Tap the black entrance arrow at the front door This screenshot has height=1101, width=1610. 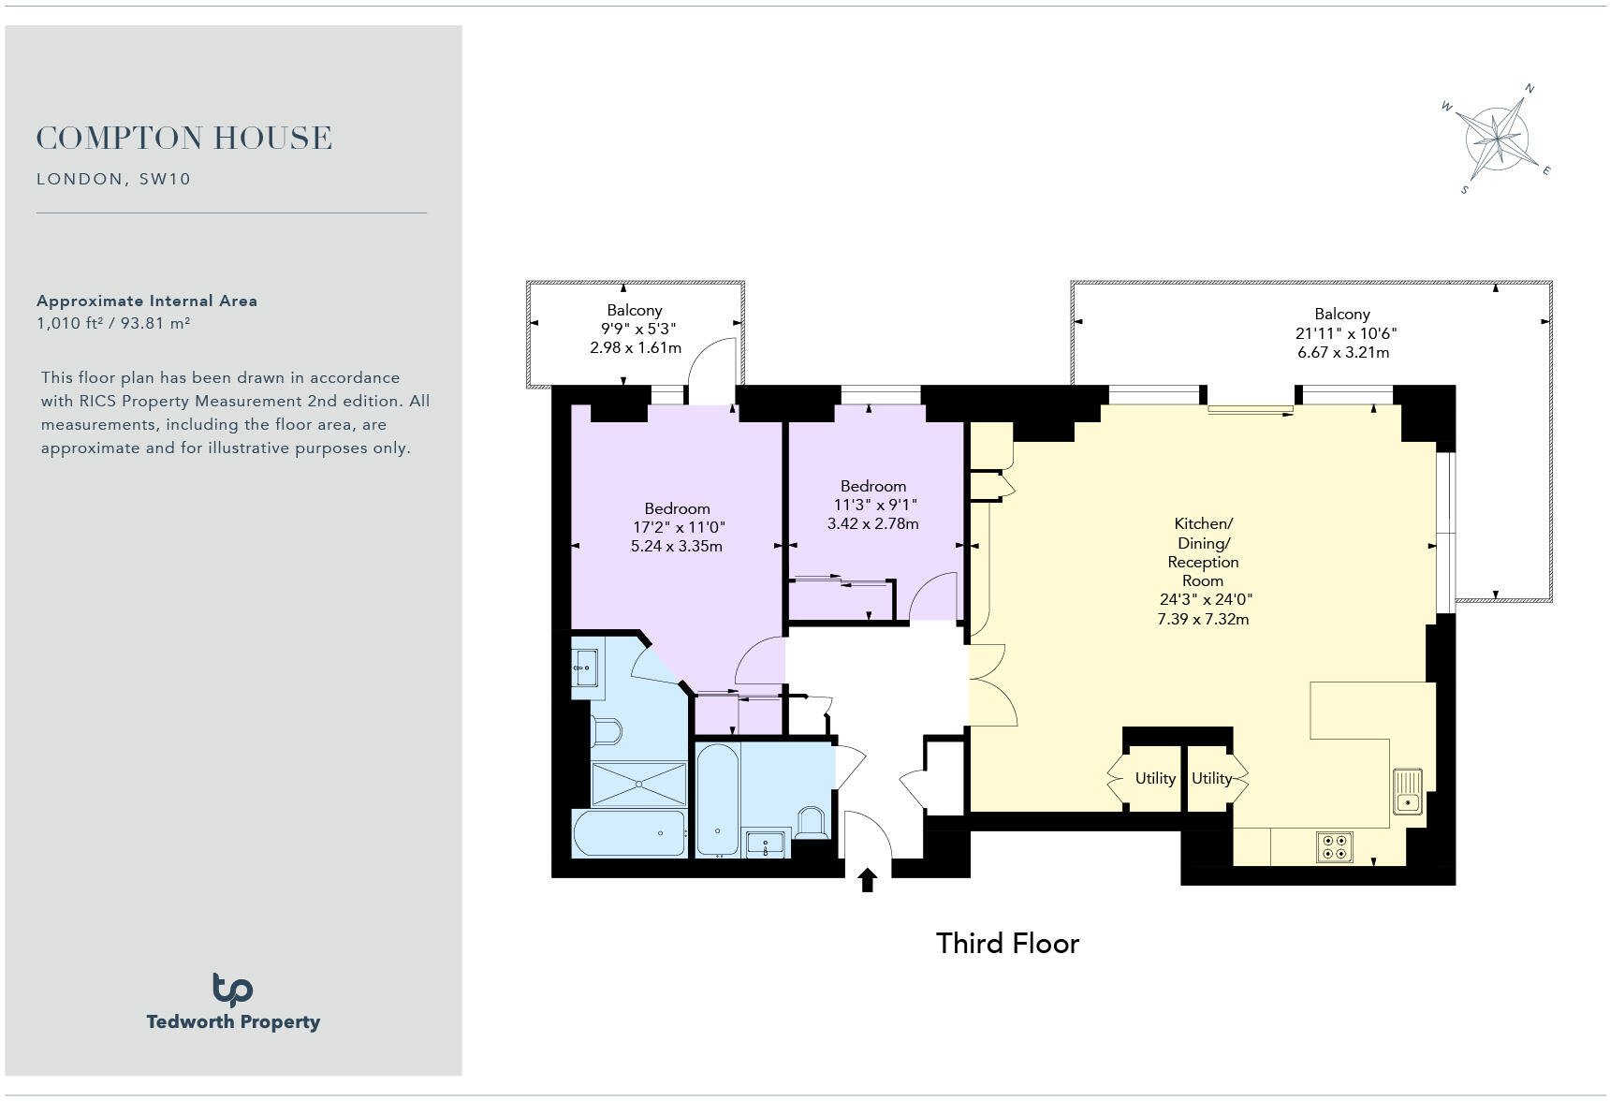867,880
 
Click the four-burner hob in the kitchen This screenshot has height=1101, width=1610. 1334,846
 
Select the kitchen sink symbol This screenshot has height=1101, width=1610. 1407,791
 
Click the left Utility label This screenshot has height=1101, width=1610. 1155,778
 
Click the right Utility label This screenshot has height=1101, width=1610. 1211,778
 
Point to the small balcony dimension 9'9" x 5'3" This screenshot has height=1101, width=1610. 637,329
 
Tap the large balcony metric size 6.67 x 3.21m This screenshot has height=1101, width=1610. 1342,353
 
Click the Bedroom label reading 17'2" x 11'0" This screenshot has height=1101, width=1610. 677,527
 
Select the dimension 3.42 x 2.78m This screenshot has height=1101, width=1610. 872,524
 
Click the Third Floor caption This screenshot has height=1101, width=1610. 1007,943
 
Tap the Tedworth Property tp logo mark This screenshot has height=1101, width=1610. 232,990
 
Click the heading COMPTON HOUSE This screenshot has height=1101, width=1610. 184,139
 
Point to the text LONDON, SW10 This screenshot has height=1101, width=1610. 113,179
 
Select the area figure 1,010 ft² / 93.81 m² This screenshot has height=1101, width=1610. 113,323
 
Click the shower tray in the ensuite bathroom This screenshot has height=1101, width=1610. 638,784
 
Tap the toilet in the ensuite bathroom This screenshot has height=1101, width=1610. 607,731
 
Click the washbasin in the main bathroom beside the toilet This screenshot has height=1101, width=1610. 766,842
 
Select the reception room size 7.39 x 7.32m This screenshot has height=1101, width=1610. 1203,619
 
